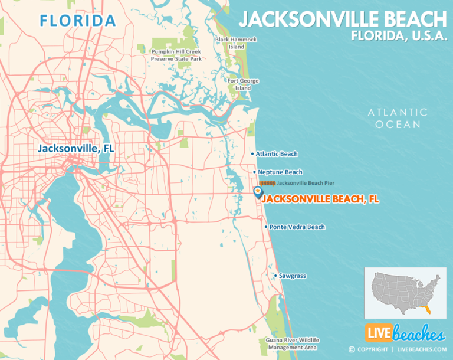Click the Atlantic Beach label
pos(277,154)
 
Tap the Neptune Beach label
pos(280,172)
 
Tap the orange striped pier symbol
pos(267,184)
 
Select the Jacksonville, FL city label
pos(76,149)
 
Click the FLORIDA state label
pos(77,21)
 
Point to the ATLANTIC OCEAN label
pos(397,118)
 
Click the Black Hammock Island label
pos(236,43)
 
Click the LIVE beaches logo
pos(404,333)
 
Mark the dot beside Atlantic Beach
pos(252,154)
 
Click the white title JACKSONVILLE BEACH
pos(343,19)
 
